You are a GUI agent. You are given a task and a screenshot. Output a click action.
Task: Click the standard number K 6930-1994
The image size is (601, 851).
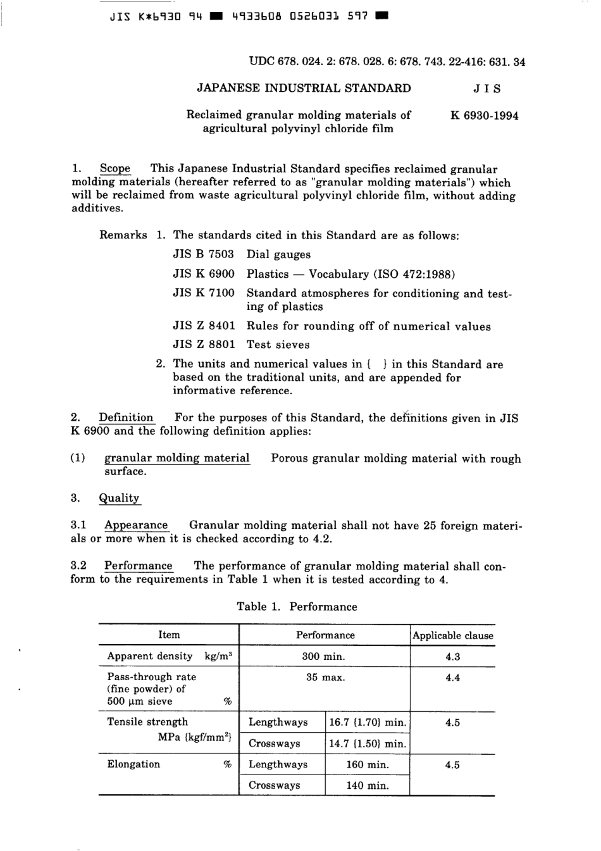tap(484, 116)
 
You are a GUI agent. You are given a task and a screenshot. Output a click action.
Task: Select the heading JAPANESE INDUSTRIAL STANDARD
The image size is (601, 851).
tap(304, 89)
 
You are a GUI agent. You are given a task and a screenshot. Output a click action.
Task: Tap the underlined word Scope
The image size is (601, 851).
tap(115, 169)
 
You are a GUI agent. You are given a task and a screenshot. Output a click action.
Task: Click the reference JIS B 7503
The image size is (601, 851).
tap(203, 254)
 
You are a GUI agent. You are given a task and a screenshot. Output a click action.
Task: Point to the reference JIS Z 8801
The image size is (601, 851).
tap(203, 345)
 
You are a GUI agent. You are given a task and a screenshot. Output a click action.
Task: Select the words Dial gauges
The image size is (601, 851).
tap(278, 254)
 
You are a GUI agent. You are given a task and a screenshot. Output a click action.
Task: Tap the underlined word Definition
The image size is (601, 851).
tap(126, 418)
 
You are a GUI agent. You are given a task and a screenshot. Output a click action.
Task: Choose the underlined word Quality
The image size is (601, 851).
tap(119, 498)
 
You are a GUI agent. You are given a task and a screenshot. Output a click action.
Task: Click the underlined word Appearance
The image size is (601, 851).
tap(136, 525)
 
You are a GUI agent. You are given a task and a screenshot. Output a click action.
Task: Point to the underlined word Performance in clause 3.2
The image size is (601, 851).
tap(138, 566)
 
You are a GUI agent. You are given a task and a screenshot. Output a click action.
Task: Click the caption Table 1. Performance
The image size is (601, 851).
tap(297, 607)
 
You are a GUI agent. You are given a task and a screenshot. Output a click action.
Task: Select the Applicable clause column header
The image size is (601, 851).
tap(452, 635)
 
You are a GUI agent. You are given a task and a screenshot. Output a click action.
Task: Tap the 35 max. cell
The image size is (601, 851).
tap(325, 678)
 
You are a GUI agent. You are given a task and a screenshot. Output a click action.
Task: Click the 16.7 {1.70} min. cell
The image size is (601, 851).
tap(367, 723)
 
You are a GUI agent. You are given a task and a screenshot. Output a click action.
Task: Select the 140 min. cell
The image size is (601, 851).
tap(367, 785)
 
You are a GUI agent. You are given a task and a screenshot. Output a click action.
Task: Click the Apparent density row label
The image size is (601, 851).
tap(150, 656)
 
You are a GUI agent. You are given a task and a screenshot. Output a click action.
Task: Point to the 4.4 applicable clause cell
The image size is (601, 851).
tap(452, 678)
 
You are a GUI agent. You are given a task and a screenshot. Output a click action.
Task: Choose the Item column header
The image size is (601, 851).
tap(169, 635)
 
